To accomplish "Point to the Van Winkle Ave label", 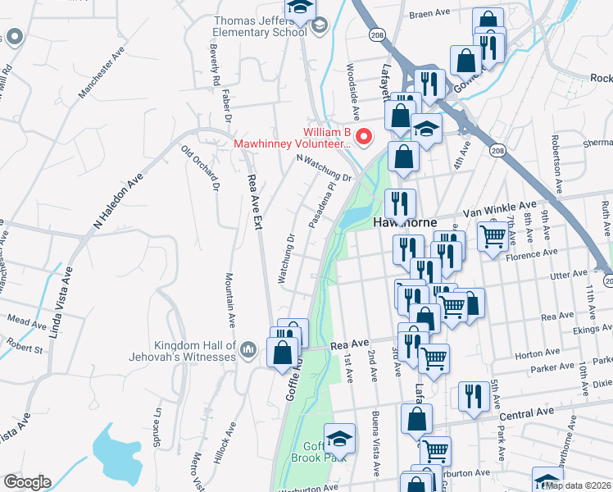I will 499,208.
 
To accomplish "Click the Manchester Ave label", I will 101,73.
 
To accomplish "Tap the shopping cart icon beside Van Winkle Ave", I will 492,235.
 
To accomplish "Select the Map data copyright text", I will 579,485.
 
